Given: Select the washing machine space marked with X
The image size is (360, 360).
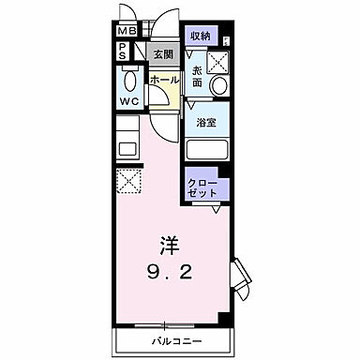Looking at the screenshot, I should [x=218, y=62].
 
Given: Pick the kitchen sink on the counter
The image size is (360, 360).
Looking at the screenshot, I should [x=127, y=145].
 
